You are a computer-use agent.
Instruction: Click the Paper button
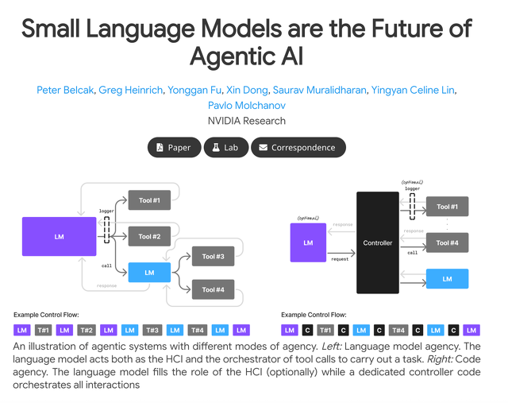click(172, 148)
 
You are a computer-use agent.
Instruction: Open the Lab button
click(225, 148)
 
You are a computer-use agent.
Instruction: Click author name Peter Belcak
click(64, 90)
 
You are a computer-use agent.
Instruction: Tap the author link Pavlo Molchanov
click(247, 106)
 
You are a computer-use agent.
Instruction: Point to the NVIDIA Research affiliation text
click(247, 121)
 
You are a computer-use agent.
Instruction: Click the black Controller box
click(377, 242)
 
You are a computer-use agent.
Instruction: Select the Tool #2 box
click(149, 236)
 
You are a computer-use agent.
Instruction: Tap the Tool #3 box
click(213, 257)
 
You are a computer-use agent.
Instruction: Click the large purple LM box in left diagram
click(59, 236)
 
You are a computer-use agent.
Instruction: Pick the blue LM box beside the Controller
click(447, 279)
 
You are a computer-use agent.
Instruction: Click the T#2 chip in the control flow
click(87, 330)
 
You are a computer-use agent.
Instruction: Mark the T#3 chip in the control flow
click(152, 330)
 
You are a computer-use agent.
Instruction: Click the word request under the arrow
click(339, 259)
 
